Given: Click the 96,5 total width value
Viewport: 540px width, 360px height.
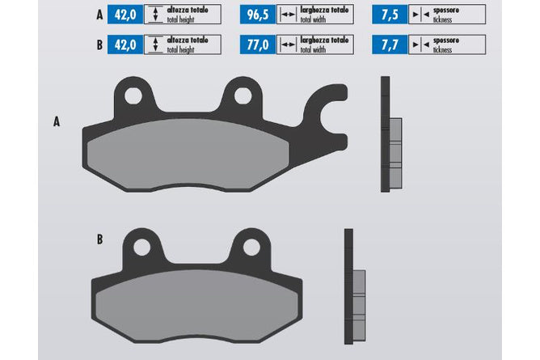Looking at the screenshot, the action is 258,15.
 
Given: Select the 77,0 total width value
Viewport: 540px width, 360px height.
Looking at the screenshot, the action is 258,44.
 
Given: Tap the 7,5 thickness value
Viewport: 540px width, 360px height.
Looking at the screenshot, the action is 390,15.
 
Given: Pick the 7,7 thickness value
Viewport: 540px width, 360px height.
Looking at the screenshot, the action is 390,44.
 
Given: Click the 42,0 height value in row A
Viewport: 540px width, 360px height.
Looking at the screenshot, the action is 125,15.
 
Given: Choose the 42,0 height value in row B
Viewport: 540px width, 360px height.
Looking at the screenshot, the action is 125,44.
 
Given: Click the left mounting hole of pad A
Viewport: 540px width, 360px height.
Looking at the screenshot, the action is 133,95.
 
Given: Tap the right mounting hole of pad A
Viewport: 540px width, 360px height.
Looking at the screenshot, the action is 243,95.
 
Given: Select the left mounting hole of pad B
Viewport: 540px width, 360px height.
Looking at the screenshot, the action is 142,248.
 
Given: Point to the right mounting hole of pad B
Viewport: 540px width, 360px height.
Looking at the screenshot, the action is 251,248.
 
